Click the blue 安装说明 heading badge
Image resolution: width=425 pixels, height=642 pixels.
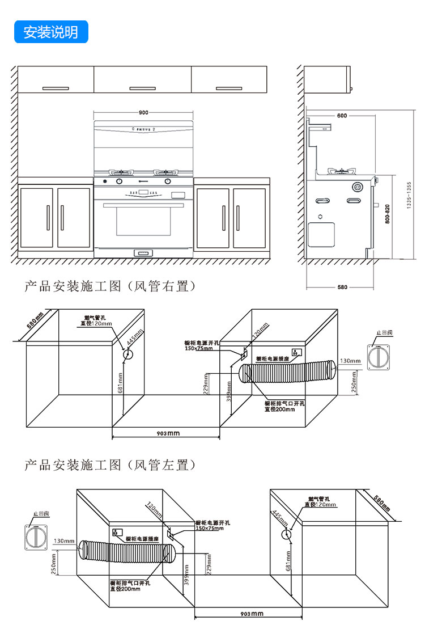click(51, 32)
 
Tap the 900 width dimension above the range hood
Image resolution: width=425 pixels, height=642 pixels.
click(143, 113)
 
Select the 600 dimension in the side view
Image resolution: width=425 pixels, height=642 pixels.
click(342, 116)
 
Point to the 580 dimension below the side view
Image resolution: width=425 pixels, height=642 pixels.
click(342, 287)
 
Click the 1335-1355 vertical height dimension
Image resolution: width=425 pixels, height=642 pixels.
click(409, 196)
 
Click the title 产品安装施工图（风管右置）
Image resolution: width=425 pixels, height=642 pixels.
click(110, 287)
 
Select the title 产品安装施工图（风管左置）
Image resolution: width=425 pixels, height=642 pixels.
click(110, 466)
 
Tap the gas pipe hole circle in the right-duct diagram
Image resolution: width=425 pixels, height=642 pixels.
click(128, 355)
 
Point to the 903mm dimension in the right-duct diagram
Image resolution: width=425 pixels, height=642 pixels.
click(167, 433)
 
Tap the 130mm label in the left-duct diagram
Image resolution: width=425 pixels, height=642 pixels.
click(64, 541)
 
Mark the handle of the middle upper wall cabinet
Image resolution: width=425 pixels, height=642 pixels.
click(142, 88)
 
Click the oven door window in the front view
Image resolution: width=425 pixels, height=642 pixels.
click(143, 221)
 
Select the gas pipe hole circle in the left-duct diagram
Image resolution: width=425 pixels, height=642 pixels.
click(288, 535)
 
